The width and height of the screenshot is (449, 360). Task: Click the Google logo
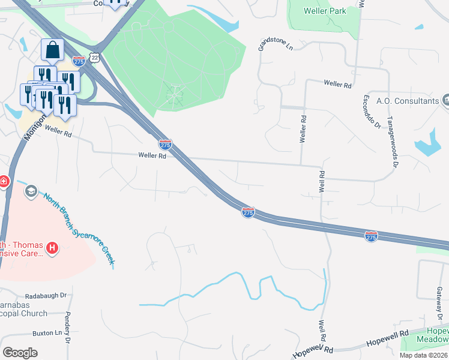[20, 352]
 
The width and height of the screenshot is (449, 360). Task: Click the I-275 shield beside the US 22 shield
[79, 61]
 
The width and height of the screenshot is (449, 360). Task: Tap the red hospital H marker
[52, 247]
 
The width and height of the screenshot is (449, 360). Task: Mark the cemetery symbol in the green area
[175, 95]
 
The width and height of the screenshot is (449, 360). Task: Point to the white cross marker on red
[3, 181]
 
